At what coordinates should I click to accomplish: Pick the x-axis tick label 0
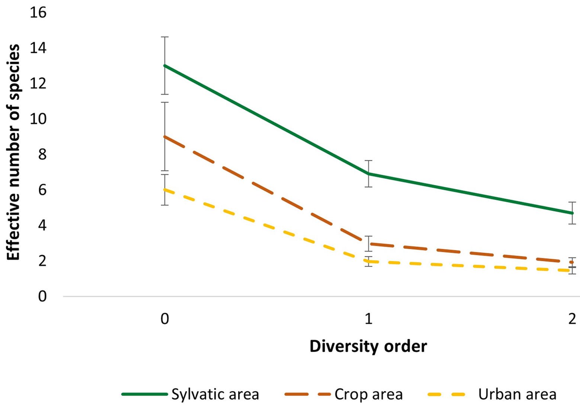(164, 319)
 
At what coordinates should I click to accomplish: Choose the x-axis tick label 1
(368, 319)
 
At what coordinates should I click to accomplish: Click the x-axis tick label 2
(572, 319)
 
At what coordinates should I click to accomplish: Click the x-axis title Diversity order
(368, 346)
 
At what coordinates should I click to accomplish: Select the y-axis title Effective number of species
(14, 152)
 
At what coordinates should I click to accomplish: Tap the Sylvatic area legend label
(215, 394)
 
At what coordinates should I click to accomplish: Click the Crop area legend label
(368, 394)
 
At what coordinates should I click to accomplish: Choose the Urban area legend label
(517, 394)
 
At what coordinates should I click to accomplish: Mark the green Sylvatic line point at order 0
(165, 65)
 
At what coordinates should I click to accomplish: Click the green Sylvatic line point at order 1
(368, 174)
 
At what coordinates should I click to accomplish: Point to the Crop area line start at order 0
(165, 136)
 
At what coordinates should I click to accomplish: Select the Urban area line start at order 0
(165, 190)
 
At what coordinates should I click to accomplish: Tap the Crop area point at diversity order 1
(368, 244)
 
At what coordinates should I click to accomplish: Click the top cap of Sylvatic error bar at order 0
(165, 37)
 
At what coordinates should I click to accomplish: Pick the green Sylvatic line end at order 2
(572, 213)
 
